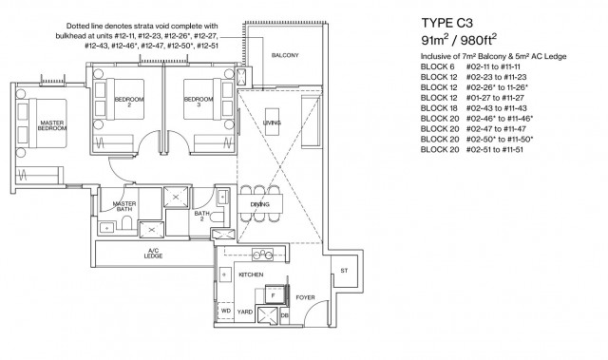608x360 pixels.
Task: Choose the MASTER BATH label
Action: [x=125, y=206]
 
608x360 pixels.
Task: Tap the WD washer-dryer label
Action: [x=226, y=311]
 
